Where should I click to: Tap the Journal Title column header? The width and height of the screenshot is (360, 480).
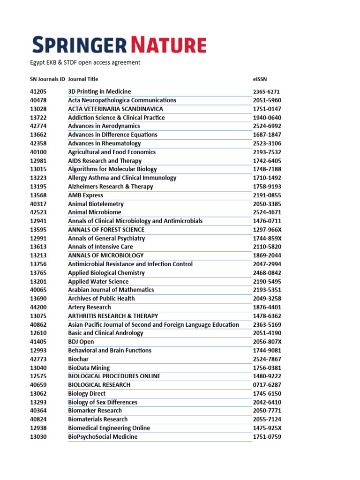click(83, 79)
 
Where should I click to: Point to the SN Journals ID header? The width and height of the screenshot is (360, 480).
click(47, 79)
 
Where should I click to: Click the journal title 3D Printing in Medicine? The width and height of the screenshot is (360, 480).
click(99, 91)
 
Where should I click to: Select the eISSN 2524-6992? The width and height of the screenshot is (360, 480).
click(267, 126)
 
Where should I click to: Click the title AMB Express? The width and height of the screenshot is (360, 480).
click(85, 195)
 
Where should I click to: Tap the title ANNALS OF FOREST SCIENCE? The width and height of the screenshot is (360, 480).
click(106, 230)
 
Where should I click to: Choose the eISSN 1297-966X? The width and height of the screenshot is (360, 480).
click(267, 230)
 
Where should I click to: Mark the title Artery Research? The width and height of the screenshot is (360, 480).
click(90, 307)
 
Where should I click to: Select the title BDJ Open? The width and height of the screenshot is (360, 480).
click(81, 342)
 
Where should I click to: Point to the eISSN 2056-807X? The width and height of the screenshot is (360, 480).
click(267, 342)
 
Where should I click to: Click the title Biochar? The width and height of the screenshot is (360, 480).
click(78, 359)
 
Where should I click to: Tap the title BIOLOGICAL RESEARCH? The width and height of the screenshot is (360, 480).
click(99, 385)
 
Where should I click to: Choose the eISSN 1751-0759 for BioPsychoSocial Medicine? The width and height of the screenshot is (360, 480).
click(267, 437)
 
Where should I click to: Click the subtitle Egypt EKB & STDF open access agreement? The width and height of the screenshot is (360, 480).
click(85, 62)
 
